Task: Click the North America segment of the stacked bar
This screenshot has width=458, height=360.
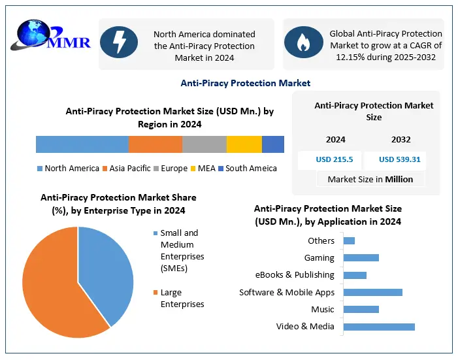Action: coord(82,144)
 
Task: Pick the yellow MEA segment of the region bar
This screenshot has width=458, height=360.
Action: coord(244,144)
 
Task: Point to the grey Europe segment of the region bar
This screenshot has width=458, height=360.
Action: coord(204,144)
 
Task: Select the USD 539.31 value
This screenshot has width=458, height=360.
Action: coord(399,159)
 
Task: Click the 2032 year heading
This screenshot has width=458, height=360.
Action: coord(401,140)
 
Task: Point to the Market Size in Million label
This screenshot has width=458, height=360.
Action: coord(370,179)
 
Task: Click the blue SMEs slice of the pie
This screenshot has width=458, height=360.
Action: coord(105,268)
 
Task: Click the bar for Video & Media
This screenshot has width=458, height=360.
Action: coord(379,327)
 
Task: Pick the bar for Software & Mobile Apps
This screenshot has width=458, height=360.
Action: coord(372,292)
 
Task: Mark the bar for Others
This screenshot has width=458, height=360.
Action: coord(349,240)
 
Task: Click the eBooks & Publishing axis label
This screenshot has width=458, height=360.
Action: coord(295,275)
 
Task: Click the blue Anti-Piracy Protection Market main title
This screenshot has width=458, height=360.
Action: coord(246,83)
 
